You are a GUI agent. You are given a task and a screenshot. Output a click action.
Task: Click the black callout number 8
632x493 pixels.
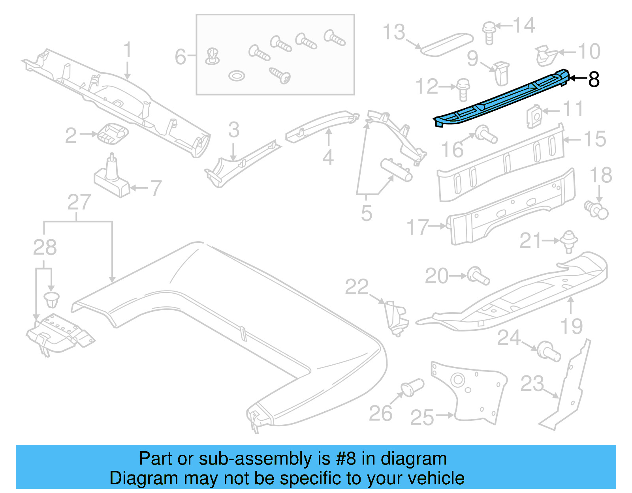[594, 79]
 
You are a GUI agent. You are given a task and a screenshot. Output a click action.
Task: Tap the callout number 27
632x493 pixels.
[79, 202]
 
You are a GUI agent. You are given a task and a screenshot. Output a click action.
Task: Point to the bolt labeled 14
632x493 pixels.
[489, 32]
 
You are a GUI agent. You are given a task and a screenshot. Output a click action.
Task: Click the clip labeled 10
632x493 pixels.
[546, 55]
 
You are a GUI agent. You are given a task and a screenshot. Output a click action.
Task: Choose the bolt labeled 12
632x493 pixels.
[463, 89]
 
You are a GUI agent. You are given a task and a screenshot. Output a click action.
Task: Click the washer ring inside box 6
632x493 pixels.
[236, 75]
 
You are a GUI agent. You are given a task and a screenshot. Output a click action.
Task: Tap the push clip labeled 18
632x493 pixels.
[596, 210]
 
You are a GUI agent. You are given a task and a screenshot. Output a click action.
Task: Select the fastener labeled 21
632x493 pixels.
[569, 241]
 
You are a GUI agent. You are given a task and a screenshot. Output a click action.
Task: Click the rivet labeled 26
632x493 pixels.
[412, 387]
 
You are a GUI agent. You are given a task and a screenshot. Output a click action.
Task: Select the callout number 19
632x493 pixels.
[571, 326]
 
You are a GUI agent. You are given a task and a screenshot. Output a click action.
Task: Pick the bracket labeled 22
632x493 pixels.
[396, 318]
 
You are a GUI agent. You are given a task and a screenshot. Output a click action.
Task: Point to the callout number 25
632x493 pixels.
[422, 418]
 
